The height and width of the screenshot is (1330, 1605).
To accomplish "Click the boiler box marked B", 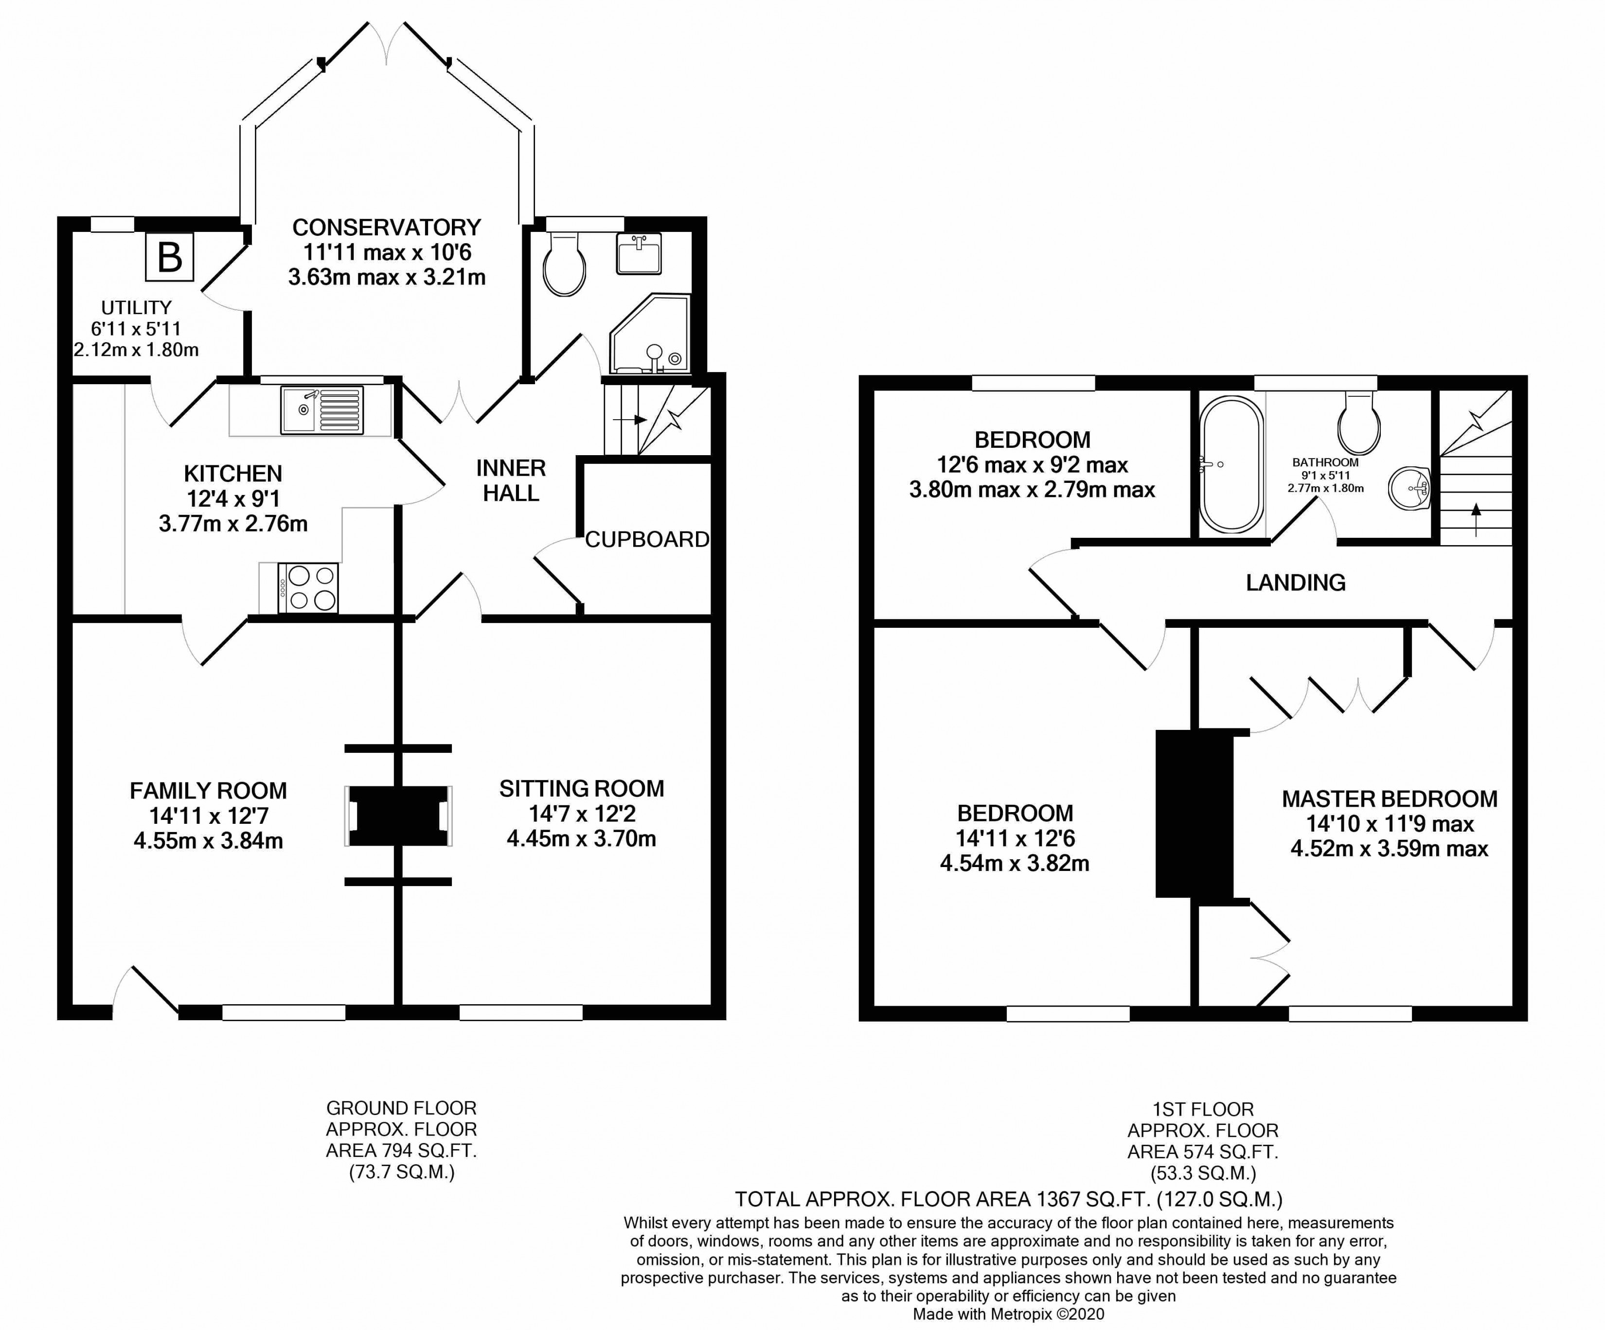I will [x=170, y=257].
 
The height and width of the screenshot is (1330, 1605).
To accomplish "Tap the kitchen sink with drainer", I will [x=322, y=410].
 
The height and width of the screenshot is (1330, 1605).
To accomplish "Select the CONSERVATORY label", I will [x=387, y=228].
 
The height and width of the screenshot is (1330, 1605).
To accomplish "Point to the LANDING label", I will [x=1296, y=583].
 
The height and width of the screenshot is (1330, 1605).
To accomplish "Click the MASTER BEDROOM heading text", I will [x=1390, y=799].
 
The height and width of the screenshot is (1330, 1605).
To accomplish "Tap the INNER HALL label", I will [x=511, y=480].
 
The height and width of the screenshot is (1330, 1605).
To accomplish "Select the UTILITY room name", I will [x=136, y=307].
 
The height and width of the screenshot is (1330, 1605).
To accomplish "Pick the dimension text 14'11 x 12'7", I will [x=209, y=816].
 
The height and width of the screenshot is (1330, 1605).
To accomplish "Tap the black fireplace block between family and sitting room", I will [x=398, y=816].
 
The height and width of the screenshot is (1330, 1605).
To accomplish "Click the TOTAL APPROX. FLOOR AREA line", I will [x=1009, y=1199].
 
